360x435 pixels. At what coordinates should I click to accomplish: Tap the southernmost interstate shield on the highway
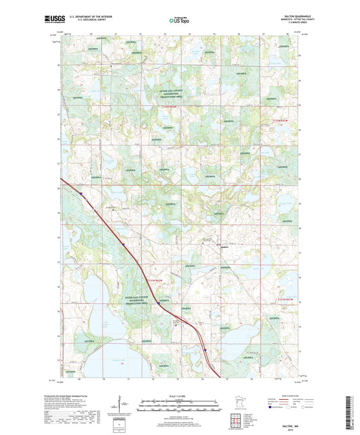pyautogui.click(x=205, y=349)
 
